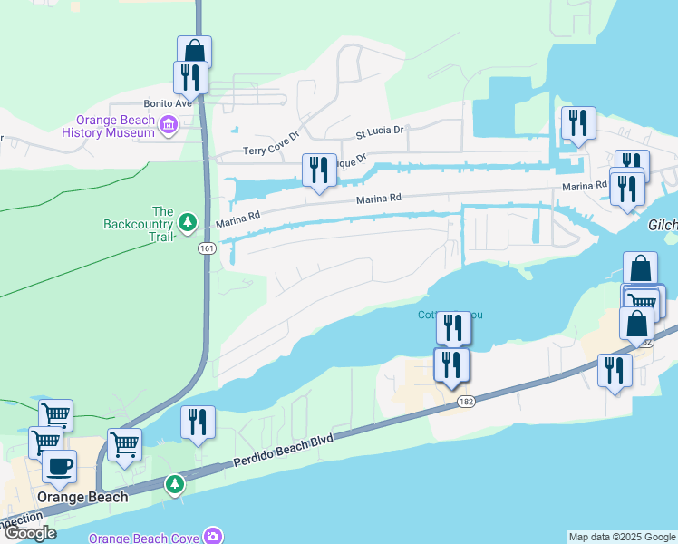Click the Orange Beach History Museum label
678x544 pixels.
pyautogui.click(x=115, y=126)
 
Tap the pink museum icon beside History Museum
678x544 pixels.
pyautogui.click(x=168, y=124)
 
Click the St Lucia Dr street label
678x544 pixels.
pyautogui.click(x=379, y=131)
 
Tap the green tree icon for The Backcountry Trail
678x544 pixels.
pyautogui.click(x=188, y=221)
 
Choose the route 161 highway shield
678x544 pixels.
pyautogui.click(x=207, y=248)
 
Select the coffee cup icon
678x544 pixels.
pyautogui.click(x=59, y=466)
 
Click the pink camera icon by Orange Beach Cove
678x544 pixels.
pyautogui.click(x=213, y=536)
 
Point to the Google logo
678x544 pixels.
pyautogui.click(x=29, y=533)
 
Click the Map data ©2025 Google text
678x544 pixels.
pyautogui.click(x=621, y=537)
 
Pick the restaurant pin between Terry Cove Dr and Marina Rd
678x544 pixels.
pyautogui.click(x=318, y=170)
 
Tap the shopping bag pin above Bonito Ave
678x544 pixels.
pyautogui.click(x=194, y=51)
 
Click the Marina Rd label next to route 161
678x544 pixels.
pyautogui.click(x=238, y=221)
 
